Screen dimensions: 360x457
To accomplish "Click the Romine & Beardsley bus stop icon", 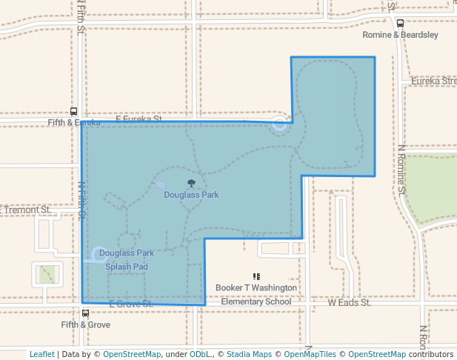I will pos(400,24).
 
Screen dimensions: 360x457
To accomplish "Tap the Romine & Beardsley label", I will pos(400,35).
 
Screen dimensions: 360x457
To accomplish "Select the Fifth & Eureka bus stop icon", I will pos(73,110).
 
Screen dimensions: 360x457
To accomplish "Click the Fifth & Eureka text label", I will pos(73,122).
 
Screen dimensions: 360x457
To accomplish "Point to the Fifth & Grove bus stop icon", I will pos(86,313).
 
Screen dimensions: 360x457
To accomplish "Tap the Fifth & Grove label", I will pos(86,324).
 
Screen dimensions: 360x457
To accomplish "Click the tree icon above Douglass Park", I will pos(191,183).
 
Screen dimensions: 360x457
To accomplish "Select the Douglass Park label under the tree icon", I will pos(191,195).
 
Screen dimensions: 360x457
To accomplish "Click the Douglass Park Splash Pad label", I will pos(127,259).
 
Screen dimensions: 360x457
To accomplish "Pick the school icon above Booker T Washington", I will pos(256,276).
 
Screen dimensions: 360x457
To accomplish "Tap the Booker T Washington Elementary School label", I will pos(256,294).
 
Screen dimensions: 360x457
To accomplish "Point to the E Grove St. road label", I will pos(130,304).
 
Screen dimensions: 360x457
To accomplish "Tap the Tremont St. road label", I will pos(27,210).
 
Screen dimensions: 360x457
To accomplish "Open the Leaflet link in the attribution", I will pos(41,354).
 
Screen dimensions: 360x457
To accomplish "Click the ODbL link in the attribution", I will pos(201,354).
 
